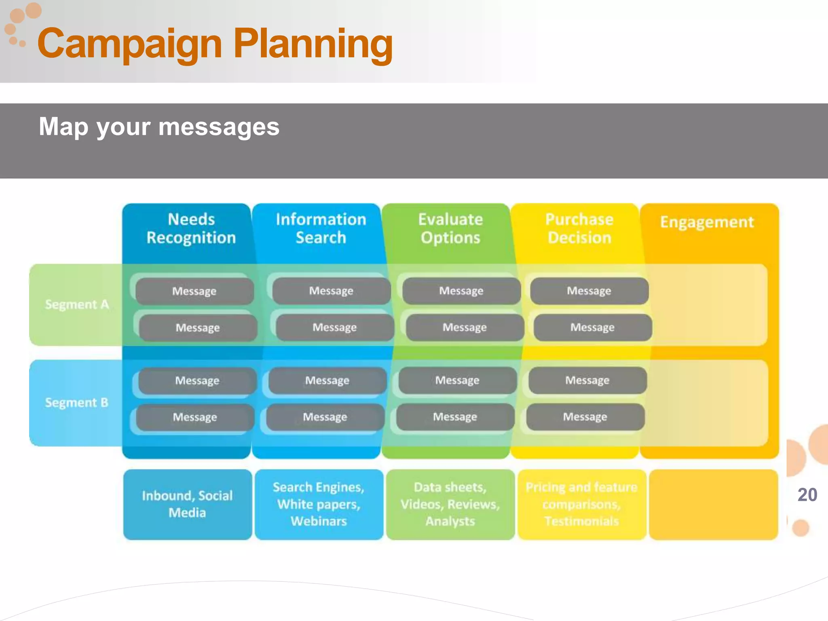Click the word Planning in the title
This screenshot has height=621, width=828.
[313, 44]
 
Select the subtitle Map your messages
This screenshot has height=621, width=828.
[159, 127]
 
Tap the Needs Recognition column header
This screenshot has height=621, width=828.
[191, 228]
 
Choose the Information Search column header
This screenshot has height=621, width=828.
[321, 228]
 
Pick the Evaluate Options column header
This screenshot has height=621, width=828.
[450, 228]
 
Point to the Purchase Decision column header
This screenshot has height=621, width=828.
[579, 228]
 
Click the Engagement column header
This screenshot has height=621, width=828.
[707, 222]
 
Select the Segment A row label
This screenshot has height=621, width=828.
[76, 304]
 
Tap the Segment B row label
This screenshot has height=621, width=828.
[76, 403]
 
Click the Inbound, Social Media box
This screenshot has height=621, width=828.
[187, 504]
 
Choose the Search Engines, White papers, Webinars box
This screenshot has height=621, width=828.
[319, 504]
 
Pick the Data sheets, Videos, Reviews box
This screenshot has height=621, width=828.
[450, 504]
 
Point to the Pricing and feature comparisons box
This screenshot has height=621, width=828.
[581, 504]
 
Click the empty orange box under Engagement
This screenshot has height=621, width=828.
[713, 504]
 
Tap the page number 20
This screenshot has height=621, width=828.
[807, 495]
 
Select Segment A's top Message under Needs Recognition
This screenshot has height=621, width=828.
[194, 291]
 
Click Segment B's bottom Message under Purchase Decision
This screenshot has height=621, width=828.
[585, 417]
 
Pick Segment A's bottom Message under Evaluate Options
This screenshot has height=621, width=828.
[465, 327]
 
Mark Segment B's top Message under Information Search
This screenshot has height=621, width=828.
[327, 380]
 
